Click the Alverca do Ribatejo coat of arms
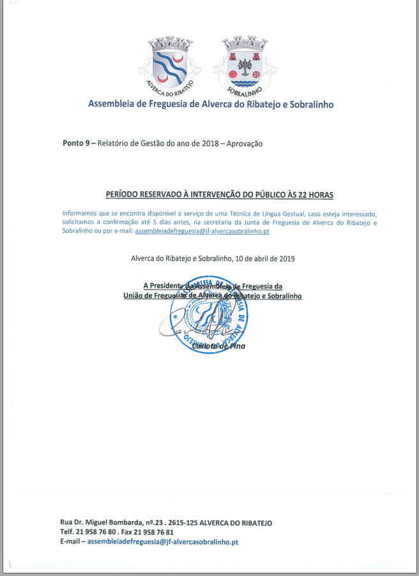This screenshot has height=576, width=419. (x=169, y=62)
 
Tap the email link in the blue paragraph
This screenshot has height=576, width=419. (x=202, y=231)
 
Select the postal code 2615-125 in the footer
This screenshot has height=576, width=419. (x=181, y=522)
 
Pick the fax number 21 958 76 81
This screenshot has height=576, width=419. (x=154, y=532)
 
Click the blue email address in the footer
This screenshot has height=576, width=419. (x=163, y=542)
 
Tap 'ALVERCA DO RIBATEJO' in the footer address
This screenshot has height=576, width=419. (x=236, y=522)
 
